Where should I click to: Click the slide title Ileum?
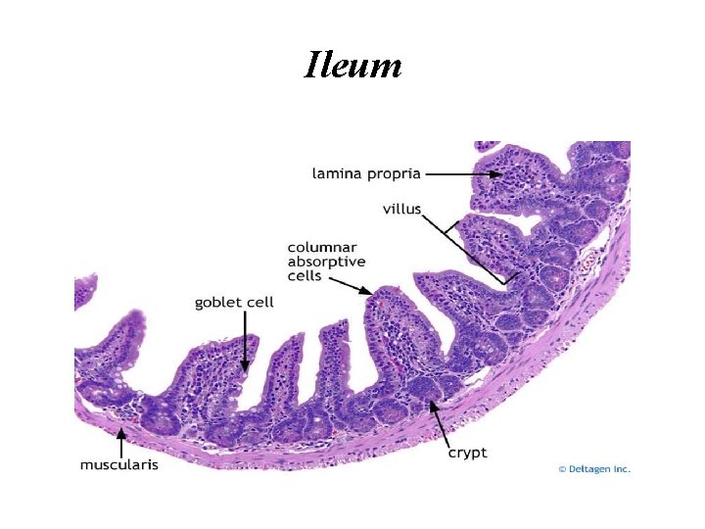pos(352,65)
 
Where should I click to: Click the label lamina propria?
pos(366,173)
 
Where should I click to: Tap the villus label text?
pos(401,208)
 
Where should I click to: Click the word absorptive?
pos(326,262)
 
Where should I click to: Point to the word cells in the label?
pos(304,275)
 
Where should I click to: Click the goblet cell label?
pos(234,303)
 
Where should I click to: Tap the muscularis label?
pos(118,464)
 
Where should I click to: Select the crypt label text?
pos(467,453)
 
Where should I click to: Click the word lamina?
pos(336,173)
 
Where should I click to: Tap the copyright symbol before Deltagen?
pos(562,469)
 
